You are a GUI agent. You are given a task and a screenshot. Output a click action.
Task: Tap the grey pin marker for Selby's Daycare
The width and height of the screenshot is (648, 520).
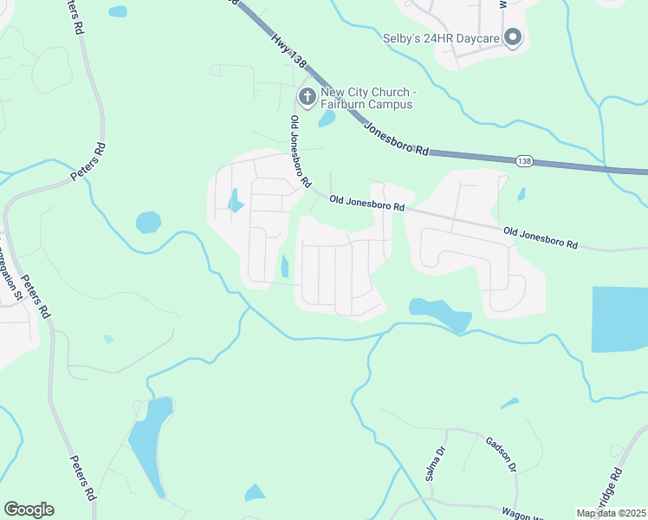(x=513, y=36)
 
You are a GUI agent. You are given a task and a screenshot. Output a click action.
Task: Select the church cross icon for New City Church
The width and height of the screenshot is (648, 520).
(x=307, y=95)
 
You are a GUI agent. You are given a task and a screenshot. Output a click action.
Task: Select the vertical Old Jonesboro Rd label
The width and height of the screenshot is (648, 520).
(x=300, y=152)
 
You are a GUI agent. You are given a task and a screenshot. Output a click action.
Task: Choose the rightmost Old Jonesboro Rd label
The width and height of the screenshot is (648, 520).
(x=541, y=238)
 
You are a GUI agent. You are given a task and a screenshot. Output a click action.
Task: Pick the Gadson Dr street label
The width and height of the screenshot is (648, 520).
(x=501, y=454)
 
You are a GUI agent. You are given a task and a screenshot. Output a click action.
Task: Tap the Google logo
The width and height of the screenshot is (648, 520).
(x=29, y=510)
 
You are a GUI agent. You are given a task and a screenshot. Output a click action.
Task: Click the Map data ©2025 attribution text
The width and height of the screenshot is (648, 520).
(x=610, y=513)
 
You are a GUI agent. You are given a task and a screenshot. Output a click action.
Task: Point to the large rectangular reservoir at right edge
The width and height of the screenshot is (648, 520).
(x=619, y=319)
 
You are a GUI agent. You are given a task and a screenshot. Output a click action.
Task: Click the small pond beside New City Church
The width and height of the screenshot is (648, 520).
(x=327, y=119)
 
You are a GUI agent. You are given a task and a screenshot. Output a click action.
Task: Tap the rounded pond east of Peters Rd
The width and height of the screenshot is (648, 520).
(x=148, y=222)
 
